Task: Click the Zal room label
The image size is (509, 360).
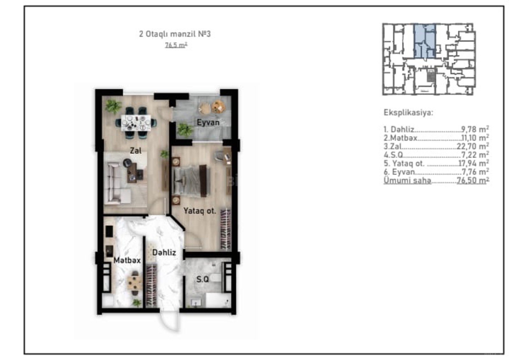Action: click(x=136, y=151)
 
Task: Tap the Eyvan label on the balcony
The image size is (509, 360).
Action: click(x=208, y=123)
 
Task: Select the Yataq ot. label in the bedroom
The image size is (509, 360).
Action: click(x=200, y=211)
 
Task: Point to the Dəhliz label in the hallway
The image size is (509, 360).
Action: click(x=164, y=252)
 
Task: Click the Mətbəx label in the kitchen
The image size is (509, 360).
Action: click(x=127, y=260)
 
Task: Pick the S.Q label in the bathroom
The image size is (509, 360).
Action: click(x=202, y=279)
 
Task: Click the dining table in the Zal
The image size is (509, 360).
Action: click(x=136, y=123)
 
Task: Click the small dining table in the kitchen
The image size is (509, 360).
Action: click(x=135, y=283)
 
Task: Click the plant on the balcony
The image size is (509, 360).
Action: click(x=185, y=130)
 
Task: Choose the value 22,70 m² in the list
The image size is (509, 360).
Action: click(x=473, y=146)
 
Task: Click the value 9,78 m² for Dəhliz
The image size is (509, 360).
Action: click(x=475, y=129)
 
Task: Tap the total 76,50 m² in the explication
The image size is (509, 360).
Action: click(x=473, y=180)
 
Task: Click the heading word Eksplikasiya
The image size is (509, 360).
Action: click(x=408, y=113)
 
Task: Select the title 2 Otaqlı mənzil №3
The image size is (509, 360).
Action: click(x=175, y=34)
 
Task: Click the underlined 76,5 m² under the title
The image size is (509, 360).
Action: click(x=176, y=45)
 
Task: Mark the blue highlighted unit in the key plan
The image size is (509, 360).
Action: click(x=424, y=41)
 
